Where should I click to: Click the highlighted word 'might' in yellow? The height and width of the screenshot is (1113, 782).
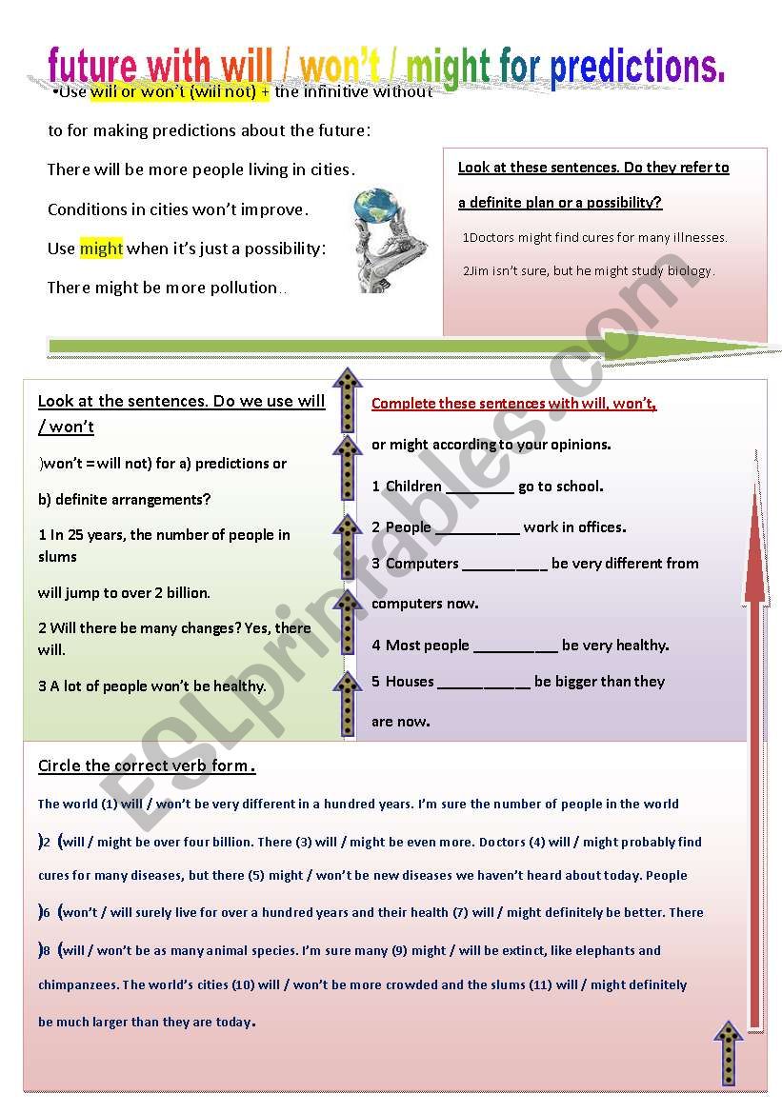(101, 248)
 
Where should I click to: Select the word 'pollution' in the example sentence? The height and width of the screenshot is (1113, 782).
(244, 288)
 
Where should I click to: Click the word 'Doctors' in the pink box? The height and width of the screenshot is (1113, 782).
(494, 237)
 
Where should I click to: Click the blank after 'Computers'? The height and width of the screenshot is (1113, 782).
(505, 565)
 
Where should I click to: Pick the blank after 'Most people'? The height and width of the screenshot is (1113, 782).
(515, 646)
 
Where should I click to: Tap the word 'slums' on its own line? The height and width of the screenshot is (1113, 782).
(57, 557)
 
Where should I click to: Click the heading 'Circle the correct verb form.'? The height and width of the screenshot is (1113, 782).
(147, 766)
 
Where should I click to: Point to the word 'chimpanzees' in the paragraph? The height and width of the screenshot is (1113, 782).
(78, 985)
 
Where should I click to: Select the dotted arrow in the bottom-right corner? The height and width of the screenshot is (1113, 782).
(729, 1052)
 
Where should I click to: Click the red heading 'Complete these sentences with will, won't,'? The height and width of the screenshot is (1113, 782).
(514, 404)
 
